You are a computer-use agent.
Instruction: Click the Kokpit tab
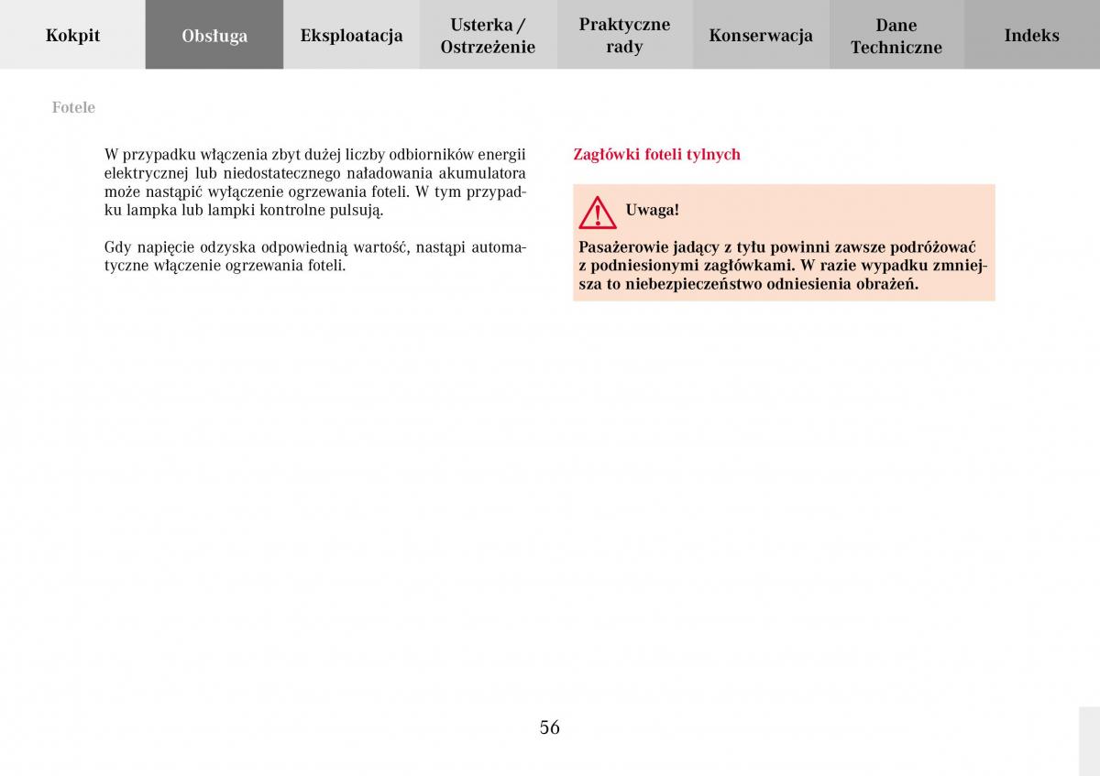pos(72,36)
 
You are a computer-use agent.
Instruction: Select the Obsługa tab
pos(214,36)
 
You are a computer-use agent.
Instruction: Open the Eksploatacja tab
pos(351,36)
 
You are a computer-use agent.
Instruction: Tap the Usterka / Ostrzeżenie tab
pos(488,36)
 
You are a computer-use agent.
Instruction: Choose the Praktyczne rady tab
pos(624,36)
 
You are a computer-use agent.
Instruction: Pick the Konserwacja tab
pos(761,36)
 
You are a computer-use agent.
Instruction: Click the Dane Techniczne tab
pos(896,36)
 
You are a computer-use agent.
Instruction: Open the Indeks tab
pos(1031,36)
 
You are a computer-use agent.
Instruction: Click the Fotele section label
pos(73,107)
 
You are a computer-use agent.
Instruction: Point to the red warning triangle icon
pos(598,213)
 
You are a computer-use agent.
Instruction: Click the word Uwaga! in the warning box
pos(652,210)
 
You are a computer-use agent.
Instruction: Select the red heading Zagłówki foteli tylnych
pos(656,154)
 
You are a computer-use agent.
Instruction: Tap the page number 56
pos(549,727)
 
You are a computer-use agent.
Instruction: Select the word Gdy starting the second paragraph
pos(117,247)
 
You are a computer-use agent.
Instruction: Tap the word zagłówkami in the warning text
pos(746,266)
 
